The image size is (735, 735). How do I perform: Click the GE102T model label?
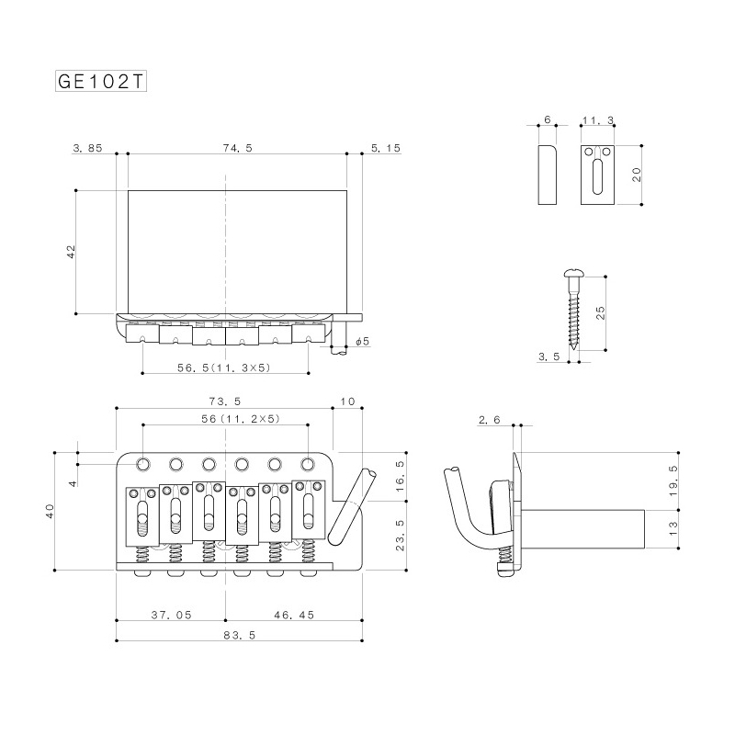[x=100, y=80]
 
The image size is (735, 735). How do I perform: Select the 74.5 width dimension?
[x=236, y=147]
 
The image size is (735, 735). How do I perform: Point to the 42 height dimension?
[x=72, y=253]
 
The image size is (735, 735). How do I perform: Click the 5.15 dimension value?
[x=387, y=147]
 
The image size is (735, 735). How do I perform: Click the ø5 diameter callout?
[x=362, y=342]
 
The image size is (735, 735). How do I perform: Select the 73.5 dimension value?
[x=224, y=401]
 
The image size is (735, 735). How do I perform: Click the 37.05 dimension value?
[x=171, y=615]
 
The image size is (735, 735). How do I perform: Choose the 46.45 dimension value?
[x=291, y=615]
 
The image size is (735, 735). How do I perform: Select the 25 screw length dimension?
[x=601, y=312]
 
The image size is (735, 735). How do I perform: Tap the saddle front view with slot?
[x=598, y=175]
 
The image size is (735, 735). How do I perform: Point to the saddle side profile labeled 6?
[x=547, y=175]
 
